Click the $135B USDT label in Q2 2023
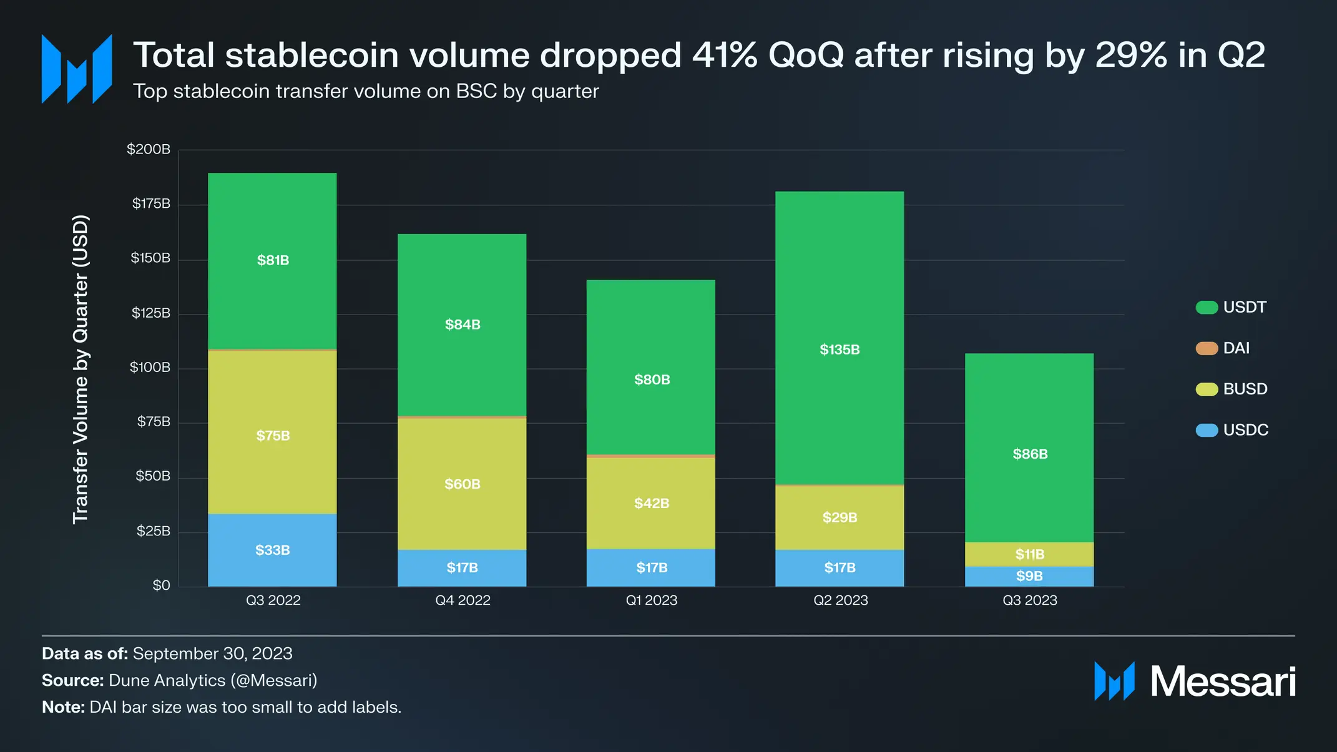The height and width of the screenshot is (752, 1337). pyautogui.click(x=840, y=349)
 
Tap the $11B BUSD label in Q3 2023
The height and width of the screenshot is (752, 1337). pyautogui.click(x=1029, y=554)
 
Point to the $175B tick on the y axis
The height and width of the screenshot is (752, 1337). pyautogui.click(x=150, y=203)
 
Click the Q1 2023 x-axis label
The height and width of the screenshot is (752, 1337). pyautogui.click(x=651, y=600)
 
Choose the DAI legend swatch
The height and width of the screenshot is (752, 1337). pyautogui.click(x=1206, y=348)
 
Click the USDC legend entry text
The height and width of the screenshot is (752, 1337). pyautogui.click(x=1245, y=430)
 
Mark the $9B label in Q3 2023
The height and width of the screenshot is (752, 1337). pyautogui.click(x=1029, y=576)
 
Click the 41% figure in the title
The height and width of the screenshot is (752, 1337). pyautogui.click(x=724, y=55)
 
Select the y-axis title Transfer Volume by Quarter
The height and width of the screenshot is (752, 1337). pyautogui.click(x=81, y=369)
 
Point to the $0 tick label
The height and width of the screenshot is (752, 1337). pyautogui.click(x=161, y=585)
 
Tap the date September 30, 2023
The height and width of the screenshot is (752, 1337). pyautogui.click(x=212, y=653)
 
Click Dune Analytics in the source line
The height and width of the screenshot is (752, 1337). pyautogui.click(x=167, y=680)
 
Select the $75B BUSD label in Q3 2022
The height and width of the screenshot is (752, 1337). pyautogui.click(x=273, y=436)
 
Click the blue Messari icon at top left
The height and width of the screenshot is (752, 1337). pyautogui.click(x=77, y=69)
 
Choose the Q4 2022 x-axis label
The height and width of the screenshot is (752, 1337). pyautogui.click(x=463, y=600)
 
